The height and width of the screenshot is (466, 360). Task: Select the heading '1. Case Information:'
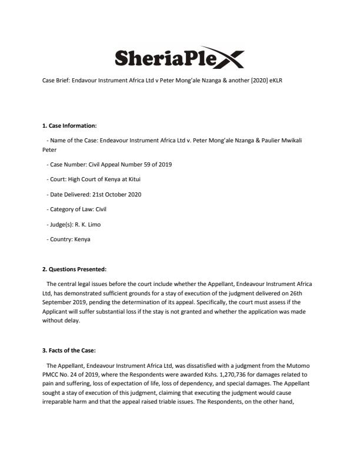69,125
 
